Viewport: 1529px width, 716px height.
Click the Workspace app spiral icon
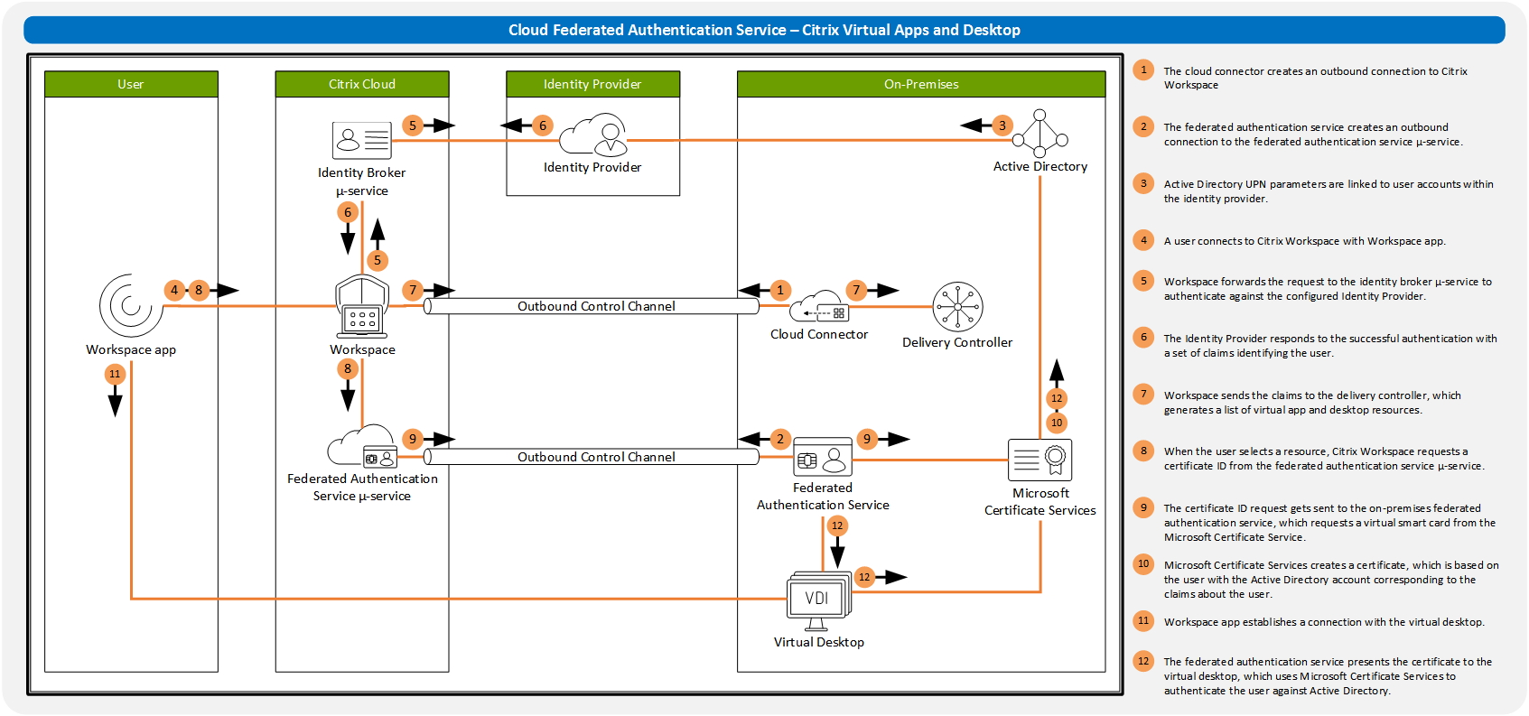[131, 306]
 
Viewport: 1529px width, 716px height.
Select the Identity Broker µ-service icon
[361, 140]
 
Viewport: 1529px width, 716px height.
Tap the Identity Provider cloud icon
[593, 135]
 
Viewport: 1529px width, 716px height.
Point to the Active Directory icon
[1040, 134]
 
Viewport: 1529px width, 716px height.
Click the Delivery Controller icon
[957, 307]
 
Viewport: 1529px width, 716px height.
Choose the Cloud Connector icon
[819, 307]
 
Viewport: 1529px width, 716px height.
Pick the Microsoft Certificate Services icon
[1040, 460]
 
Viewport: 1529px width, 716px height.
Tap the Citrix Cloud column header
[362, 84]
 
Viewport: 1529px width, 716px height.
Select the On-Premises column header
[921, 84]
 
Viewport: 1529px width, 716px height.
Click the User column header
[131, 84]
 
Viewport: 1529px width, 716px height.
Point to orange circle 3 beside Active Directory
[1002, 126]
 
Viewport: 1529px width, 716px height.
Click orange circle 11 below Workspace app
[115, 374]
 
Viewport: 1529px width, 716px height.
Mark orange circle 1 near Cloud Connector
[780, 290]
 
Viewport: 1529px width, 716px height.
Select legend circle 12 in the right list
[1143, 661]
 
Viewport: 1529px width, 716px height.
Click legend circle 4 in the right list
[1143, 240]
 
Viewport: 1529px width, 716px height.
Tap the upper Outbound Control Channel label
[596, 306]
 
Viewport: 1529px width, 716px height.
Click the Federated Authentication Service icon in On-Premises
[823, 459]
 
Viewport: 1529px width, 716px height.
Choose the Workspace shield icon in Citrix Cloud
[362, 305]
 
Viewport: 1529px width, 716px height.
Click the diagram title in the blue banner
[764, 30]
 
